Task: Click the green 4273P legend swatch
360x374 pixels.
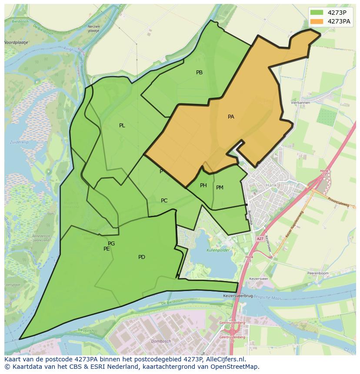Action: coord(317,13)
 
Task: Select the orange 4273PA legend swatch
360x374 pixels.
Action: coord(317,21)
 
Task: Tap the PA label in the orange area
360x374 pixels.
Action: coord(231,117)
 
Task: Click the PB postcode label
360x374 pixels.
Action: coord(199,73)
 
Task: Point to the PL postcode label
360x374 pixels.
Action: coord(122,126)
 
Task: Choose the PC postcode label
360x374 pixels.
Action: coord(164,201)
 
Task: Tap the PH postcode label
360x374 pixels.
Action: coord(203,185)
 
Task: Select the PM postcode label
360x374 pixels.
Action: coord(220,188)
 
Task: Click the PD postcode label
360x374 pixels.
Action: coord(141,257)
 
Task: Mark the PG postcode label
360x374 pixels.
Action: coord(111,244)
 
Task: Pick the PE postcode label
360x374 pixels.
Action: coord(107,249)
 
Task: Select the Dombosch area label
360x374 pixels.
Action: coord(160,341)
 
